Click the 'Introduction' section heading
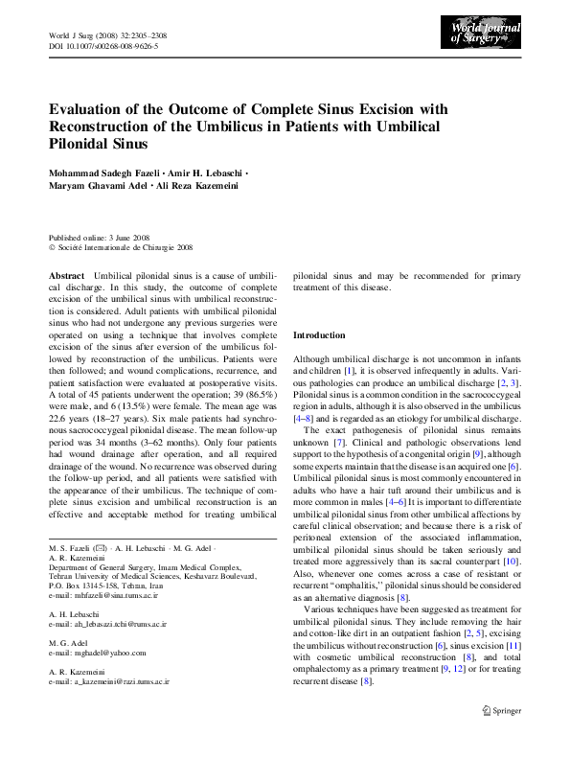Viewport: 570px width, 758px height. [318, 336]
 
